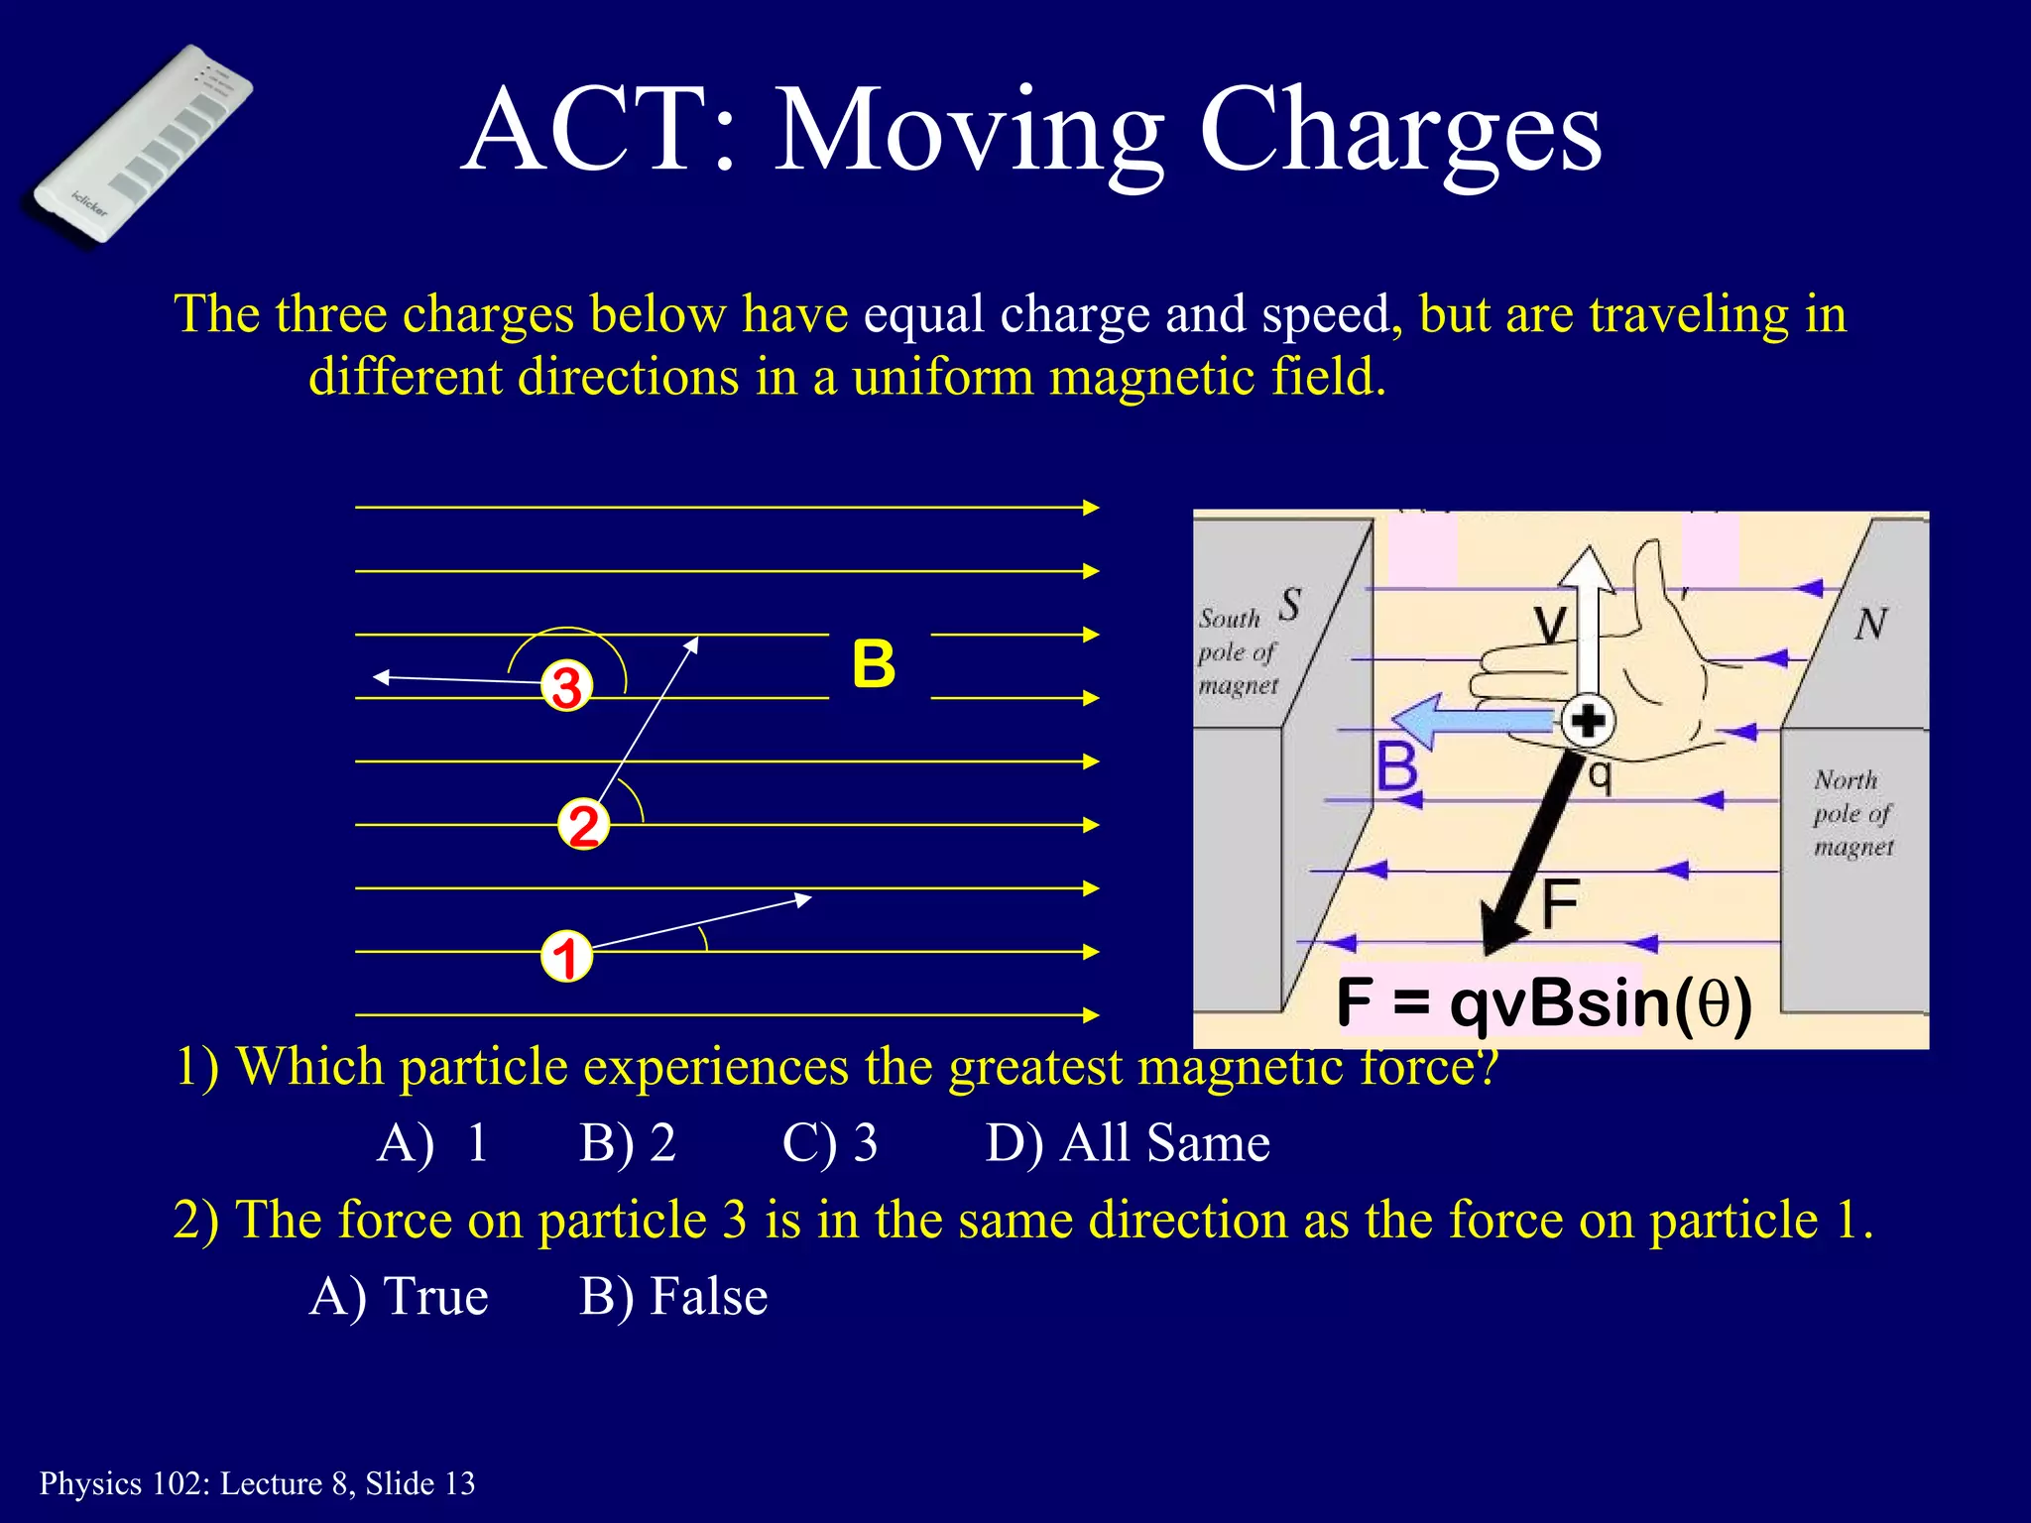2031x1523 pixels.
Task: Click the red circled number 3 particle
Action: [x=566, y=686]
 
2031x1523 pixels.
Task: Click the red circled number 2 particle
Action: [x=583, y=825]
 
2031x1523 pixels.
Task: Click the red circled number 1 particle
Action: [x=566, y=957]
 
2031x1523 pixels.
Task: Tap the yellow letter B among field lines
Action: [x=874, y=664]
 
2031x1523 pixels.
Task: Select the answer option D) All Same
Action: [x=1128, y=1142]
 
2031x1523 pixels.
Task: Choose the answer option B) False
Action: [x=673, y=1296]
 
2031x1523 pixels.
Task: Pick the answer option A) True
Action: [x=399, y=1296]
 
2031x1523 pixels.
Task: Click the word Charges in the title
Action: [x=1399, y=131]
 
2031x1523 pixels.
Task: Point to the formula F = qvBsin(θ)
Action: [x=1543, y=1002]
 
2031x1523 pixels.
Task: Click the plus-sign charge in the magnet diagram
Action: [x=1588, y=721]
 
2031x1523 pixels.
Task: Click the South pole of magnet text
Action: [x=1237, y=651]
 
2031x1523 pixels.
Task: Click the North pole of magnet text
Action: [x=1852, y=813]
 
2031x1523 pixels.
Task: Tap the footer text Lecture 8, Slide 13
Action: [x=347, y=1483]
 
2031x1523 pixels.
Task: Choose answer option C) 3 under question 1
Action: [x=829, y=1142]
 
